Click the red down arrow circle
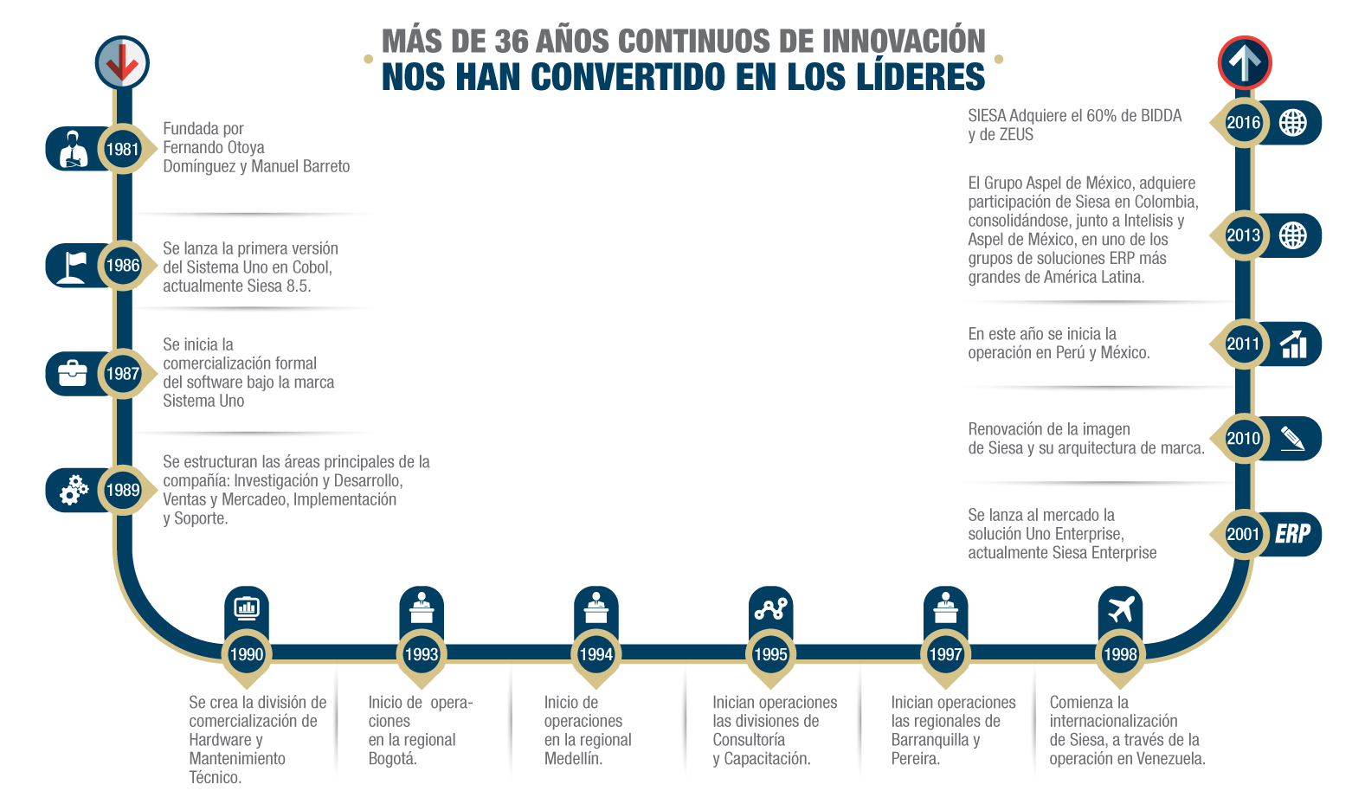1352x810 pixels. (x=122, y=62)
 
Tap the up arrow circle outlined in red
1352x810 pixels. (x=1244, y=62)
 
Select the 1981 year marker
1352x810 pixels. (x=122, y=149)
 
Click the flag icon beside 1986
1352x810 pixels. (x=72, y=265)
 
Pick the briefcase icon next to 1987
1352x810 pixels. (x=72, y=374)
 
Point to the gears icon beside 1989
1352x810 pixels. (x=73, y=490)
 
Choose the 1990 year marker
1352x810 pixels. (x=247, y=654)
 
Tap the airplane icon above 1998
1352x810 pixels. (x=1120, y=608)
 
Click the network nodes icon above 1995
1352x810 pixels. (x=770, y=608)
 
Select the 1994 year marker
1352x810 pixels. (x=596, y=654)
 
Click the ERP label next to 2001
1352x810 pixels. (x=1292, y=534)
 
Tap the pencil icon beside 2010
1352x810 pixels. (x=1292, y=438)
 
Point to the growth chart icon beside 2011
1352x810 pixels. (x=1293, y=344)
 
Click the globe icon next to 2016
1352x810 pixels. (x=1293, y=123)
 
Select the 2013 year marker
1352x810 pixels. (x=1243, y=235)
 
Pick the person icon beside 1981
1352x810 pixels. (x=74, y=149)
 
